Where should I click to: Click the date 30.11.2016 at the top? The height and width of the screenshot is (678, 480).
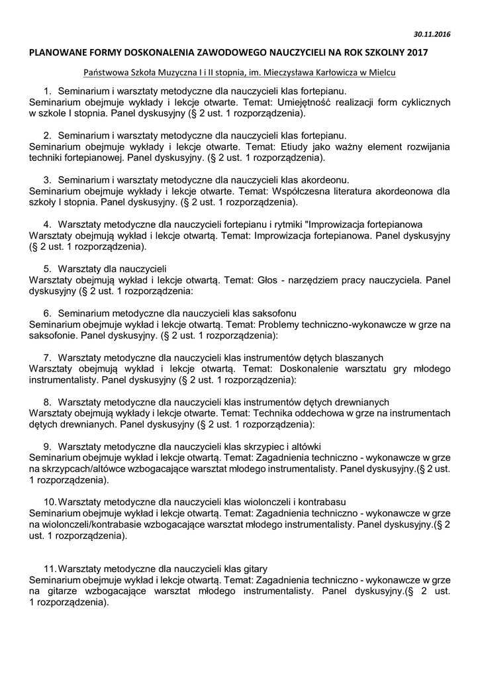(432, 34)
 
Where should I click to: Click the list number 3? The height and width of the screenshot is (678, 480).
(47, 179)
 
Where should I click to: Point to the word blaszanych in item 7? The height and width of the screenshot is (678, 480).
(360, 358)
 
